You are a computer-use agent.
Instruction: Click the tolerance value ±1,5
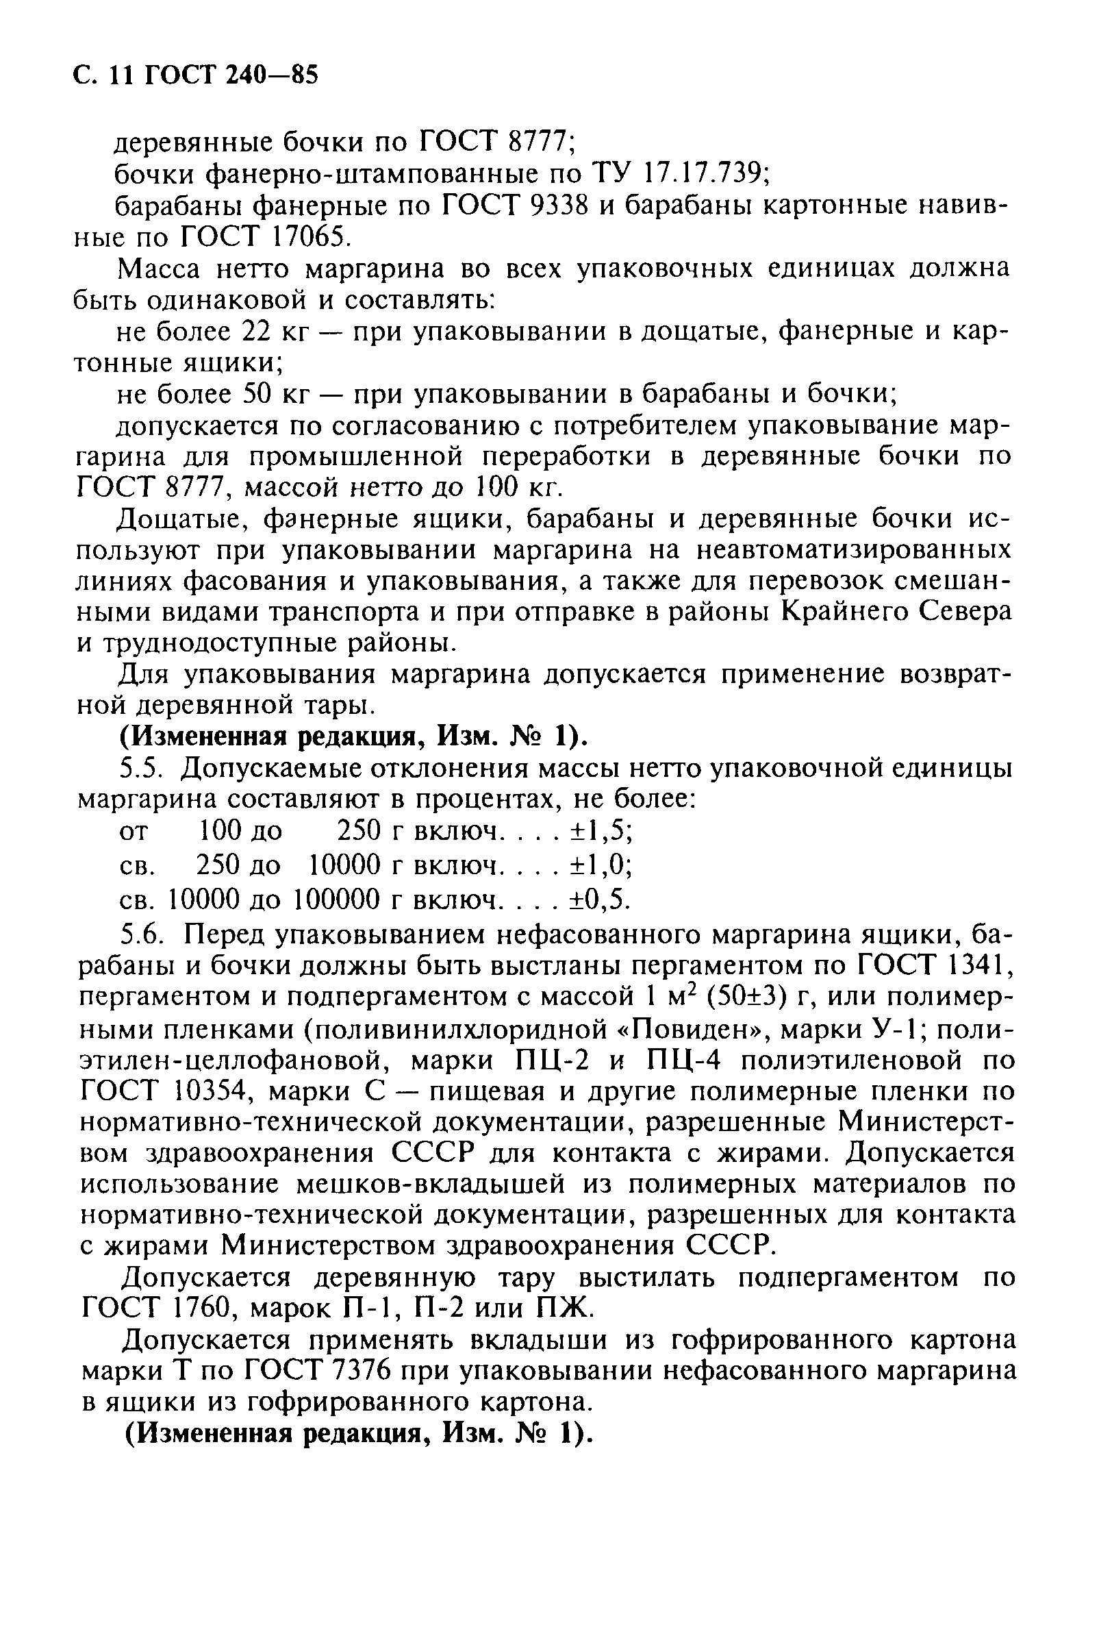tap(599, 832)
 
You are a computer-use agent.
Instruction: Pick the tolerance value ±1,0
tap(599, 865)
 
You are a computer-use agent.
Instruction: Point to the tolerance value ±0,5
tap(599, 899)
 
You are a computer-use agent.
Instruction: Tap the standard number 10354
tap(209, 1093)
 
